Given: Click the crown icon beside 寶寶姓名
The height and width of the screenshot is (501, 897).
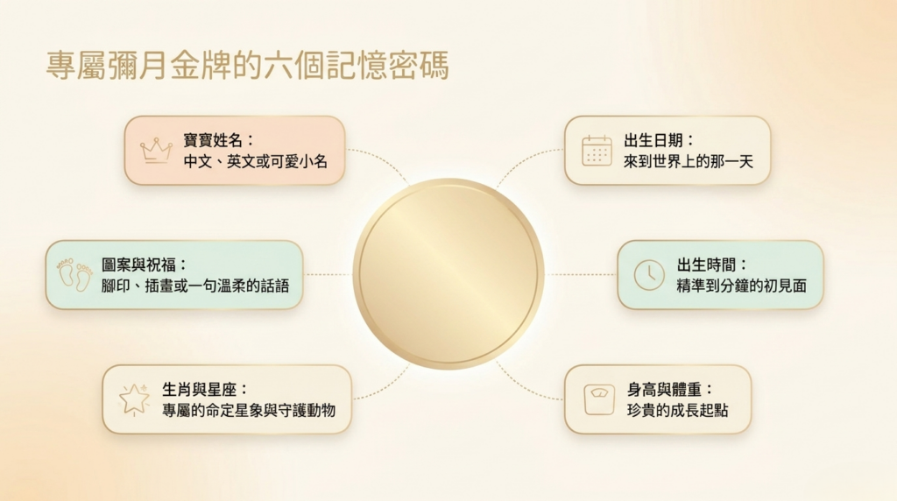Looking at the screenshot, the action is (156, 151).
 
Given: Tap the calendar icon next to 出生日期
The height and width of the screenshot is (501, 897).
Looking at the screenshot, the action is (597, 151).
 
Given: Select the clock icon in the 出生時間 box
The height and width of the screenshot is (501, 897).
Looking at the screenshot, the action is (649, 275).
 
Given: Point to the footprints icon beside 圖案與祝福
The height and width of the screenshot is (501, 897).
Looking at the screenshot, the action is (74, 275).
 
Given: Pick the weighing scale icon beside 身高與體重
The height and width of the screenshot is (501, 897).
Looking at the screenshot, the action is (599, 399).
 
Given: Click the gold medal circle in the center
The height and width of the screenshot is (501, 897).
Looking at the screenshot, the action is (448, 274).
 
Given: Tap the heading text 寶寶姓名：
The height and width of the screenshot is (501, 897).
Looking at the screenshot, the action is (219, 141).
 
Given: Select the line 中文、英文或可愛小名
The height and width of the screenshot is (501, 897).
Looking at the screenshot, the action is (255, 162).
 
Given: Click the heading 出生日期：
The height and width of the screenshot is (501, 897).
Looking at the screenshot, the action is (659, 141).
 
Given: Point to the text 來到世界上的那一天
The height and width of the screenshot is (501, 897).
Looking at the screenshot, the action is (689, 162).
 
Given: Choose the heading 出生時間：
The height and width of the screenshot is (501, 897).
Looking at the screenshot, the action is (712, 265).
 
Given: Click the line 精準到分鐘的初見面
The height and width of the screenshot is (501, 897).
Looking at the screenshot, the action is (741, 286).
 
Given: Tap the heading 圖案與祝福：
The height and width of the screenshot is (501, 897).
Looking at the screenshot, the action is (145, 265).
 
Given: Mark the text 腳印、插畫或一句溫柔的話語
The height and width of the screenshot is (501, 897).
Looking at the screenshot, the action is (195, 286).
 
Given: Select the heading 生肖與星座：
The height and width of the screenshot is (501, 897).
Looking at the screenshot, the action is (205, 390).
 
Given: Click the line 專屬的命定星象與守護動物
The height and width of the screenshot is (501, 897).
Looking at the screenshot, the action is (248, 411).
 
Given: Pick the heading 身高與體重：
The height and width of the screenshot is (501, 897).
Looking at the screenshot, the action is (670, 390).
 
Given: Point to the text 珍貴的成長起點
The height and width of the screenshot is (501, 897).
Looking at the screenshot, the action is (677, 411).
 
